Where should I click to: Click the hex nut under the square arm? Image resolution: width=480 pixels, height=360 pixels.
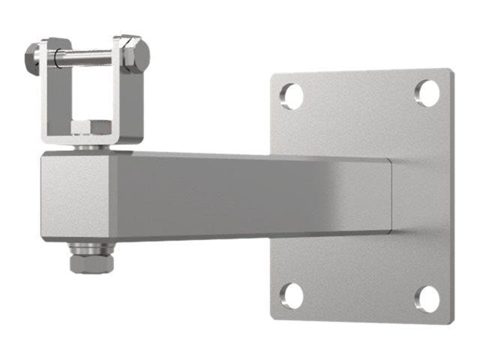tap(92, 263)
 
